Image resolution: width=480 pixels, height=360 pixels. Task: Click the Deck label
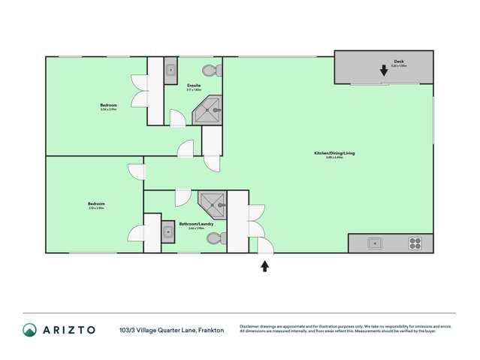tap(398, 62)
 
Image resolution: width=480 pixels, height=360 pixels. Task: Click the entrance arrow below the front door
tap(264, 265)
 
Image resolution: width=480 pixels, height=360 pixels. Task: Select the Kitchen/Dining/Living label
tap(334, 153)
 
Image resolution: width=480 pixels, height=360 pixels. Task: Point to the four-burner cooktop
tap(415, 243)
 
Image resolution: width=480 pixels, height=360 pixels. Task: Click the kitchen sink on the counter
tap(373, 243)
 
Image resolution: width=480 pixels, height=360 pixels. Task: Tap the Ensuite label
tap(194, 86)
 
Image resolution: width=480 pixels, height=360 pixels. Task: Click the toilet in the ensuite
tap(212, 71)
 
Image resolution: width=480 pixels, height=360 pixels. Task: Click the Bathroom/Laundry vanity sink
tap(168, 233)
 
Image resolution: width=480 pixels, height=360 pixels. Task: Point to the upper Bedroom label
tap(109, 104)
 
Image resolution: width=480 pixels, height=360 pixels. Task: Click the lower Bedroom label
tap(95, 204)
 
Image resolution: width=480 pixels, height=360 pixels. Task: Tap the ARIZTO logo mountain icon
tap(30, 330)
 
